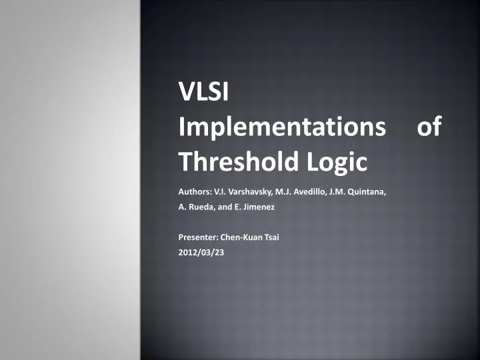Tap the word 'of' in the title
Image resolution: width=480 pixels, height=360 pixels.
(x=428, y=127)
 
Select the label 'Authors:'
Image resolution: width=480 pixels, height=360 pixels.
(x=195, y=192)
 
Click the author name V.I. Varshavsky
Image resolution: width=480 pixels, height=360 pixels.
(x=243, y=192)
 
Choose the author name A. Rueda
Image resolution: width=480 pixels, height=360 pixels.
(x=196, y=207)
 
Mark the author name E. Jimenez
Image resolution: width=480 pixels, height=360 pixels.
(x=253, y=207)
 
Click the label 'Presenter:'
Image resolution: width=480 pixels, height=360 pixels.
(x=198, y=237)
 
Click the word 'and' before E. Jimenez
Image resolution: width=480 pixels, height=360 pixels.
(x=223, y=207)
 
